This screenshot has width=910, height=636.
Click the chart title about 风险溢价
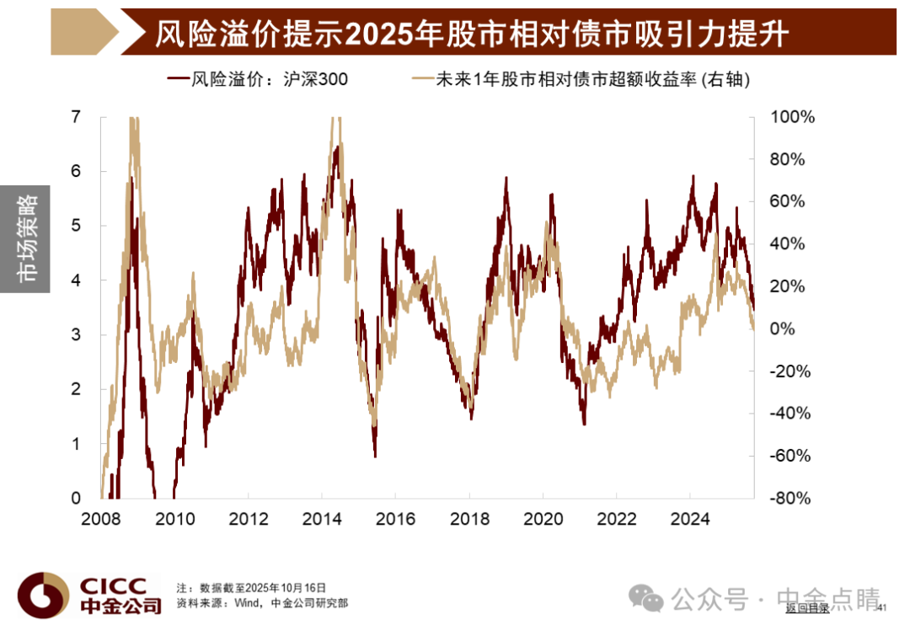[x=471, y=34]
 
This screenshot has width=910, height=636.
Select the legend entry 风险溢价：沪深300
[x=258, y=79]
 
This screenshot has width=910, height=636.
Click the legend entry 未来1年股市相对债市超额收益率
[x=581, y=79]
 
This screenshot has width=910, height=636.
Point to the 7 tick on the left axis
[x=76, y=117]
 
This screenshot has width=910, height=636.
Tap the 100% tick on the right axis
[x=792, y=117]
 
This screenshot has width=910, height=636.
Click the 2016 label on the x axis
[x=396, y=518]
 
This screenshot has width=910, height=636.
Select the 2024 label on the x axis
[x=690, y=518]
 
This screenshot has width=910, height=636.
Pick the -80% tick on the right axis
[x=790, y=498]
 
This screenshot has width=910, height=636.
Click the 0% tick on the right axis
[x=782, y=329]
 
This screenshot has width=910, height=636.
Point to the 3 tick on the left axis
[x=76, y=334]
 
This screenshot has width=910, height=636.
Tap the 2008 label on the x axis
[x=101, y=518]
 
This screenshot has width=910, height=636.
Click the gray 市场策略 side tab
[x=25, y=239]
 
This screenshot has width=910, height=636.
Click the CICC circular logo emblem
[x=43, y=595]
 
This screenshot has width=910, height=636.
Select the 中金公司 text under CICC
[x=120, y=607]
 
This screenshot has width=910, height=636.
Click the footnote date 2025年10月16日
[x=286, y=588]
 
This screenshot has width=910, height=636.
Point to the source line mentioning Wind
[x=262, y=603]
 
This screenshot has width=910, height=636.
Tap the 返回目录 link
[x=807, y=608]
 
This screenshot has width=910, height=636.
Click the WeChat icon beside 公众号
[x=646, y=598]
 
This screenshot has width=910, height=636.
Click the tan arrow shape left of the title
[x=85, y=32]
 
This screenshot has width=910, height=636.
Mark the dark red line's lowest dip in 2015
[x=376, y=456]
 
